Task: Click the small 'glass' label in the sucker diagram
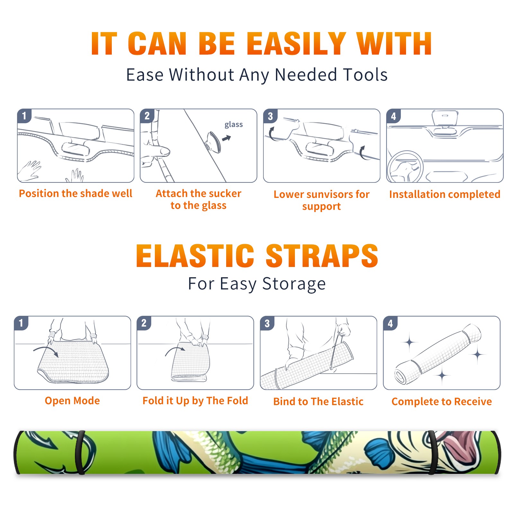(234, 124)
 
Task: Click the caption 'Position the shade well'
(75, 193)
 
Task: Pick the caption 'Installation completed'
(445, 194)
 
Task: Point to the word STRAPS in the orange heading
(322, 256)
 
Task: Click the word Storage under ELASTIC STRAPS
(294, 284)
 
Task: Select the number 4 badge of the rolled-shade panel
(390, 323)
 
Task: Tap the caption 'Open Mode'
(72, 401)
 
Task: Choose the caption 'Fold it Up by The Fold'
(195, 401)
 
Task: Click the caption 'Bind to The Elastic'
(318, 402)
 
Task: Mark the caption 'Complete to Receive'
(442, 402)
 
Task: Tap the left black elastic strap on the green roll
(80, 453)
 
